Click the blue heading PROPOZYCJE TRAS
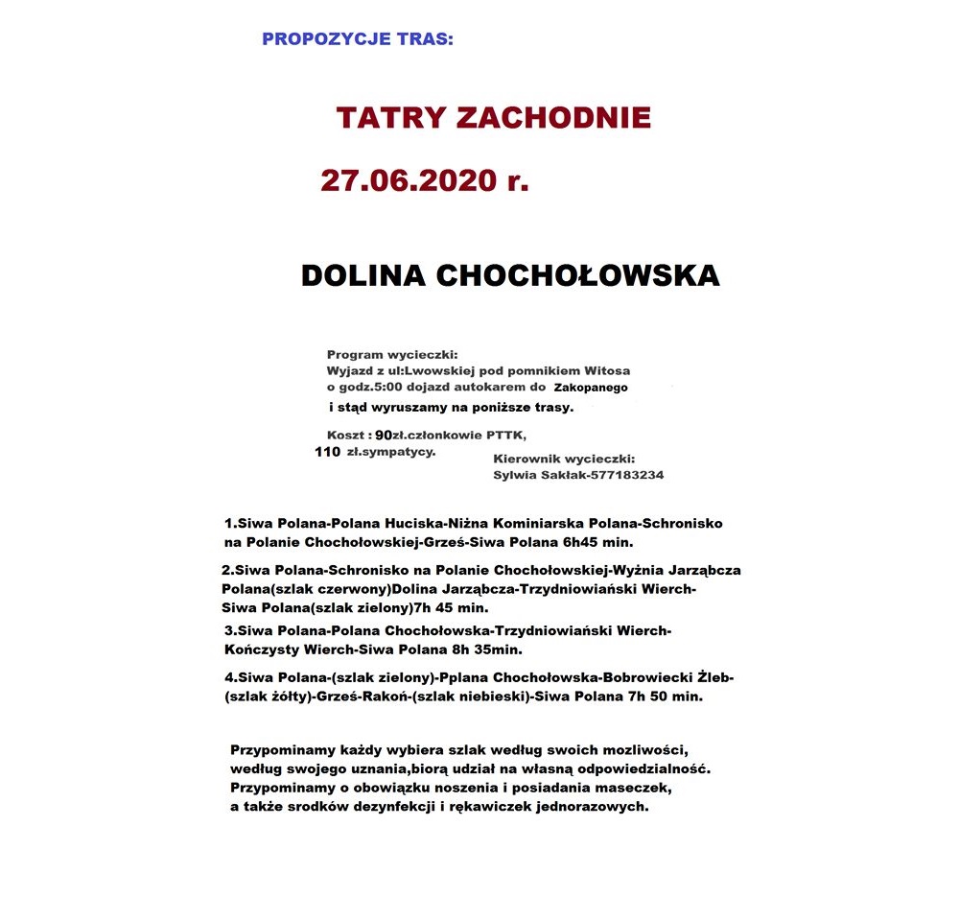click(x=357, y=40)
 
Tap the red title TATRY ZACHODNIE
click(x=493, y=118)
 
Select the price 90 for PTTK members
click(x=384, y=436)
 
